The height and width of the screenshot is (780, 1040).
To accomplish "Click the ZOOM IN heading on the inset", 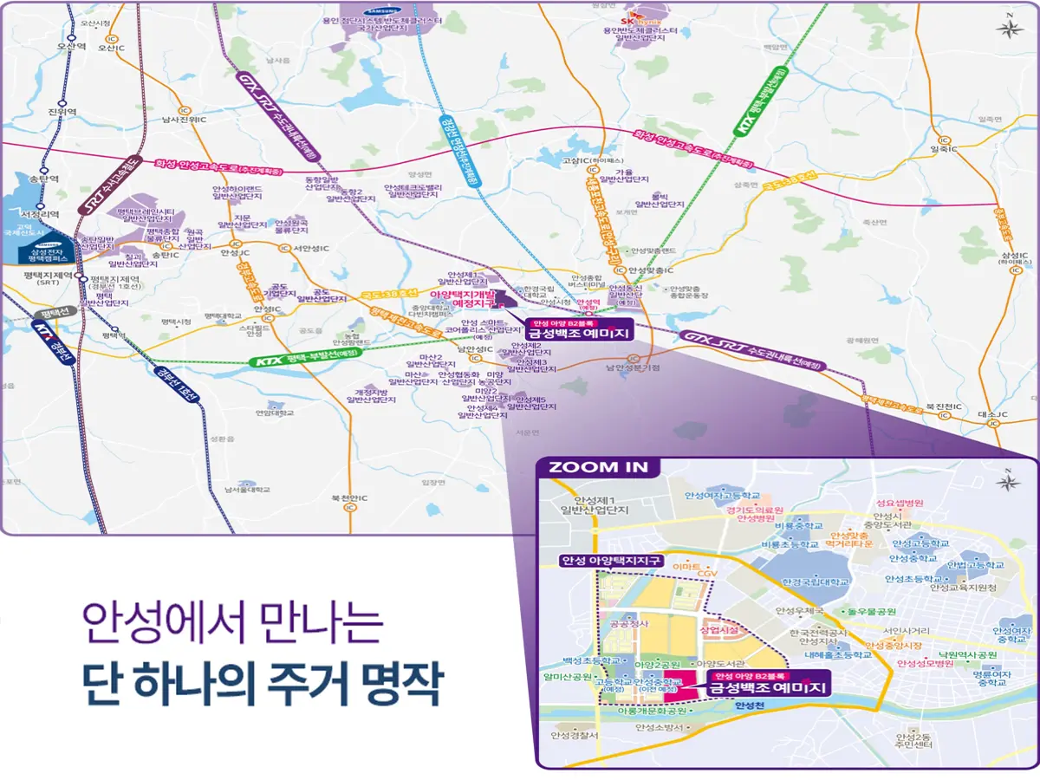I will coord(597,466).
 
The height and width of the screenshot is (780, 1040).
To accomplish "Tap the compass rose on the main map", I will coord(1008,27).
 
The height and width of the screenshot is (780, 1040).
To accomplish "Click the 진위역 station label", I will coord(62,112).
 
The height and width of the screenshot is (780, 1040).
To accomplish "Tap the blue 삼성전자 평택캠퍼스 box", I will coord(49,252).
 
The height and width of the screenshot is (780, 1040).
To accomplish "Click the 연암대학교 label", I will coord(275,413).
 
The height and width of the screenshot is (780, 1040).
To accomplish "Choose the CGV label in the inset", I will coord(708,573).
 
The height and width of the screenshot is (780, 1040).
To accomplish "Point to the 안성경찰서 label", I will coord(574,735).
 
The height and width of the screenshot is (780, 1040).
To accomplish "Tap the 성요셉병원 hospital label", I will coord(900,503).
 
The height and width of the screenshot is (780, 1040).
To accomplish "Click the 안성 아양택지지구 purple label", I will coord(610,560).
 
